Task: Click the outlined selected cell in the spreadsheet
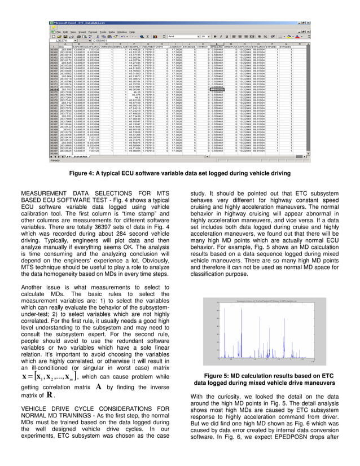coord(216,89)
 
